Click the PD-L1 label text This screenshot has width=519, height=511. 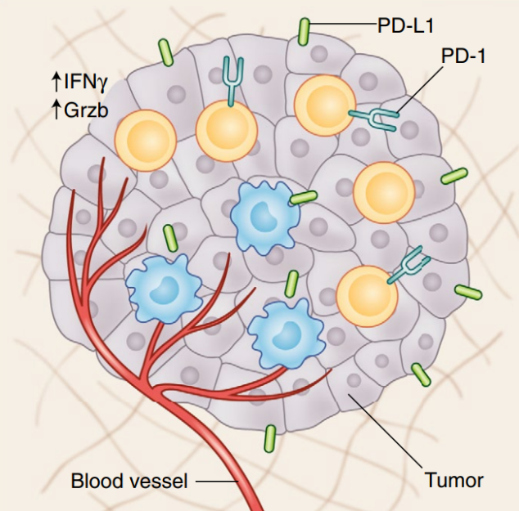click(x=405, y=26)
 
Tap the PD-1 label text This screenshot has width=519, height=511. click(x=463, y=56)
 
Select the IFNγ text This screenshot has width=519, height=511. click(x=85, y=82)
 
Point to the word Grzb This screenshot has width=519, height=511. click(x=86, y=110)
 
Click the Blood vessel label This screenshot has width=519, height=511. click(x=129, y=481)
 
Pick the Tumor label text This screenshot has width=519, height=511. click(x=454, y=480)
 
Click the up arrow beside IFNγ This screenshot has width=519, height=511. click(x=56, y=82)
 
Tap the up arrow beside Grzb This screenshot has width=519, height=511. click(x=56, y=110)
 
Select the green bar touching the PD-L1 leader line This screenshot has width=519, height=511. click(x=304, y=32)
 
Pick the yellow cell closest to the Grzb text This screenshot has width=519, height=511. click(x=146, y=141)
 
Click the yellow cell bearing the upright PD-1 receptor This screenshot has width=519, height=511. click(x=227, y=131)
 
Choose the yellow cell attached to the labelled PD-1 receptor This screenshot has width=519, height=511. click(x=325, y=105)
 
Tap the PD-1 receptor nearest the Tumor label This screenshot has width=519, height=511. click(x=408, y=265)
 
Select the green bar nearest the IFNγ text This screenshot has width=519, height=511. click(x=165, y=52)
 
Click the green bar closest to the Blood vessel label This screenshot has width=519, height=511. click(x=270, y=439)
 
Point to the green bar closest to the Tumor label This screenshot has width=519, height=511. click(x=421, y=374)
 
